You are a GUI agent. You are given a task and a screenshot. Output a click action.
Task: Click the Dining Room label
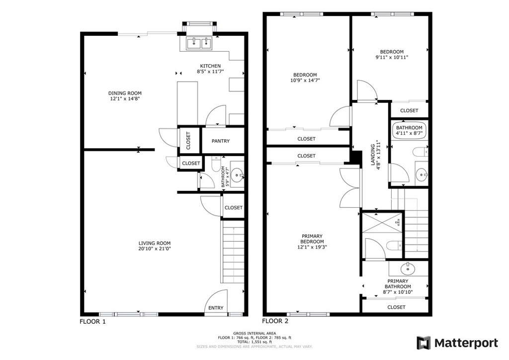(125, 93)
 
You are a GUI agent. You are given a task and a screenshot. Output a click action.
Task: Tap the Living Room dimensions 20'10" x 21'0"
(155, 249)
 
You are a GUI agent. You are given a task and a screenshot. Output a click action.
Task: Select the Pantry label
(220, 141)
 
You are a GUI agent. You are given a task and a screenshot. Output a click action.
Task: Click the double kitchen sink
(199, 43)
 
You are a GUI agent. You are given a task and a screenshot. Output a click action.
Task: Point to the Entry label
(216, 308)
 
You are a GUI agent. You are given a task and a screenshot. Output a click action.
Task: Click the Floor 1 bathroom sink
(239, 176)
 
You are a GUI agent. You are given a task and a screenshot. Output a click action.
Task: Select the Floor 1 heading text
(92, 322)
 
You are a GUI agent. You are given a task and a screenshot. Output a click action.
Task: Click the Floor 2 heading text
(275, 321)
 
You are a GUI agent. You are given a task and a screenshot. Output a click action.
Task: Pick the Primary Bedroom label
(312, 239)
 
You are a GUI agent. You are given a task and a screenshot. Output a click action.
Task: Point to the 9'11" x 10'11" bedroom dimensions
(392, 58)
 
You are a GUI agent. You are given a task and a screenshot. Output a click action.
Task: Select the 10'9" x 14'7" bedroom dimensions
(305, 80)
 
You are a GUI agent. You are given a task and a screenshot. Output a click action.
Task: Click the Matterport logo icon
(424, 343)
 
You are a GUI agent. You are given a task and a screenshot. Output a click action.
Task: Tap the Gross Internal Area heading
(254, 333)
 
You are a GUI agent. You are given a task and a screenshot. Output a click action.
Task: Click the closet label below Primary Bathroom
(396, 307)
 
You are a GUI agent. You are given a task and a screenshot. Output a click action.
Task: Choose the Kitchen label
(210, 66)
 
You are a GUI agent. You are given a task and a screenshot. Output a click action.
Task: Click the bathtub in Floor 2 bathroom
(410, 130)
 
